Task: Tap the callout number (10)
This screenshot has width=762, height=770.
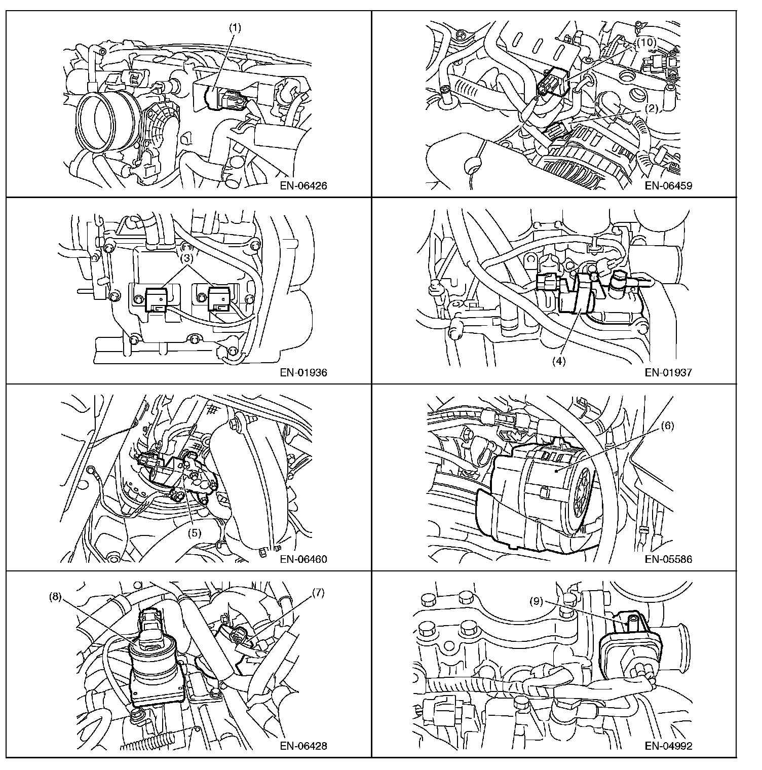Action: coord(646,43)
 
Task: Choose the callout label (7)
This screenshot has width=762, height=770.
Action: coord(318,592)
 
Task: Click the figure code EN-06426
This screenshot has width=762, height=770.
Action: coord(303,185)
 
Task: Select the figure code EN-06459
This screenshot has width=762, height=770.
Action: coord(668,185)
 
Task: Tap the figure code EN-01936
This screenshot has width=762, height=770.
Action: coord(303,373)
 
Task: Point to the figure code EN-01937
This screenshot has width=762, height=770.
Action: coord(668,373)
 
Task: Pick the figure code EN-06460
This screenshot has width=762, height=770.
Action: coord(303,560)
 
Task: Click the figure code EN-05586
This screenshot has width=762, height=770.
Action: coord(668,560)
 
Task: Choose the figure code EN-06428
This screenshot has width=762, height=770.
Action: coord(303,746)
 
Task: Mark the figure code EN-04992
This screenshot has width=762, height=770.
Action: coord(668,746)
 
